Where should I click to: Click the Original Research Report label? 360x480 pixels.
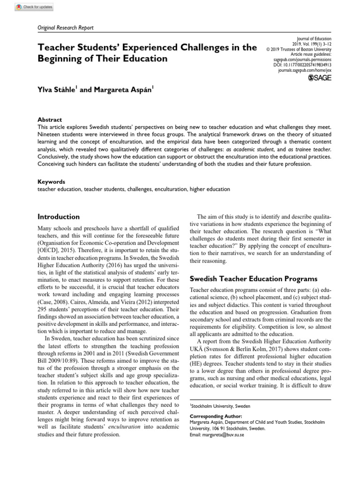pyautogui.click(x=65, y=28)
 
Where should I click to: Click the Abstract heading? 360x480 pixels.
pyautogui.click(x=49, y=120)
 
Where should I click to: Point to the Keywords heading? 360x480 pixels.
pyautogui.click(x=51, y=182)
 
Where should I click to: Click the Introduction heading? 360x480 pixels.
pyautogui.click(x=58, y=217)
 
